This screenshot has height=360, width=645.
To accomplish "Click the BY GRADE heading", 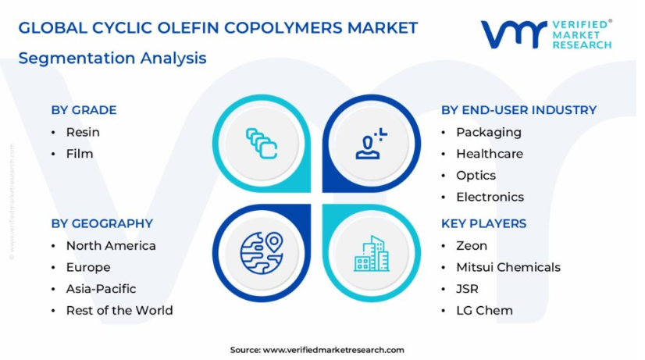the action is click(84, 110).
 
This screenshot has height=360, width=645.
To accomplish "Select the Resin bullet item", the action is click(83, 132).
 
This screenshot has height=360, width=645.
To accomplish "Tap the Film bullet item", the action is click(80, 154).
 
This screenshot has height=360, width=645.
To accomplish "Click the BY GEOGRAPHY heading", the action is click(102, 223).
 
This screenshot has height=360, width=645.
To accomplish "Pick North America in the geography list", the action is click(111, 246).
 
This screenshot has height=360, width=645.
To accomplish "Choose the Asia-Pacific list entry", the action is click(102, 289).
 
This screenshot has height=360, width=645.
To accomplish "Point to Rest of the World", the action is click(119, 310).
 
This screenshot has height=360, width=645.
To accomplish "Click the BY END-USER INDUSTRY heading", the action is click(518, 110).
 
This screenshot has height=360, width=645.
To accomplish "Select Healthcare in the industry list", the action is click(490, 154).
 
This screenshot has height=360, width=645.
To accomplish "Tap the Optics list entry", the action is click(476, 176).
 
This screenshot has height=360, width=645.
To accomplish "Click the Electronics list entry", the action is click(490, 197).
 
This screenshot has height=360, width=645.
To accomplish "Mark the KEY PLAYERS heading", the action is click(484, 223).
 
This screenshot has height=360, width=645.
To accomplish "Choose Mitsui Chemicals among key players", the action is click(508, 267).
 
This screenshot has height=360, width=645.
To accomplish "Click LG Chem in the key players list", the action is click(485, 310).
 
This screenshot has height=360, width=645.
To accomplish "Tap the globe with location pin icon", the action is click(262, 253).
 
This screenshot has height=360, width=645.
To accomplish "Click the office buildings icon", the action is click(372, 254).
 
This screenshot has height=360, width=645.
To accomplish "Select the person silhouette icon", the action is click(371, 144).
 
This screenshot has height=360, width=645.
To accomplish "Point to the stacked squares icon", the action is click(262, 143).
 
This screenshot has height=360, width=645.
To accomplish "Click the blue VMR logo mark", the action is click(514, 34).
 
